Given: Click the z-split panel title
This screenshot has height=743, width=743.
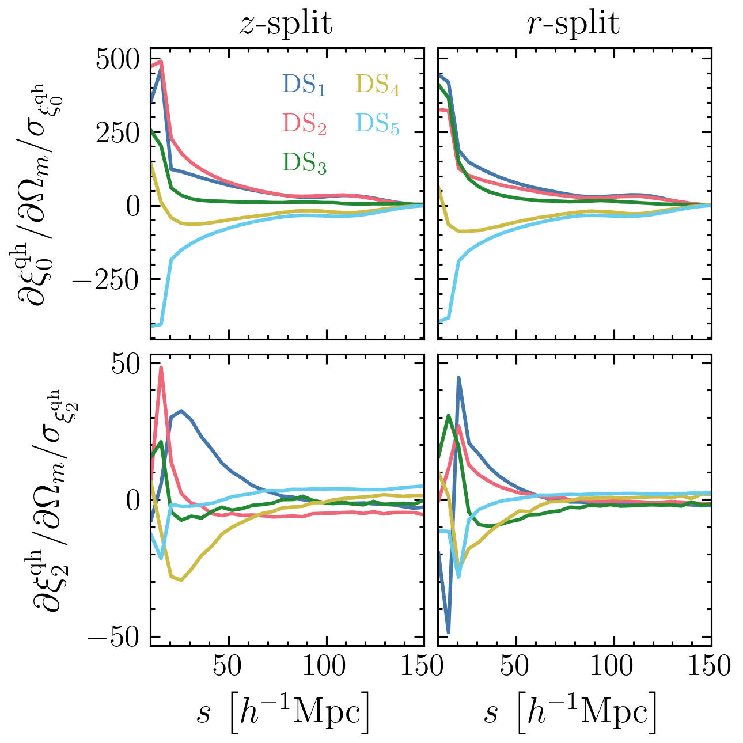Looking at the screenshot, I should [286, 24].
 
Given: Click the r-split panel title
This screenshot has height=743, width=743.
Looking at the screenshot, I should [574, 24].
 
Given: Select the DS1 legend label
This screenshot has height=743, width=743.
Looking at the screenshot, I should [304, 85].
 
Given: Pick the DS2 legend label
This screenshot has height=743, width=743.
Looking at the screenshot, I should [304, 124].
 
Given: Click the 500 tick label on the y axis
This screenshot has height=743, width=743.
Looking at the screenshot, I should [119, 60].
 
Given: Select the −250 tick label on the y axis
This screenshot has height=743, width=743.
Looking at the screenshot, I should [109, 279].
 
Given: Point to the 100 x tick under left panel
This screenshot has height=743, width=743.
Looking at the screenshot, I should [327, 667].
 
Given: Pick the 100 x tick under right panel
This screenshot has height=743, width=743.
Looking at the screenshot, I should [615, 667].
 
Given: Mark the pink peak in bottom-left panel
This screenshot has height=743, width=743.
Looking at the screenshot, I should [161, 367].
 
